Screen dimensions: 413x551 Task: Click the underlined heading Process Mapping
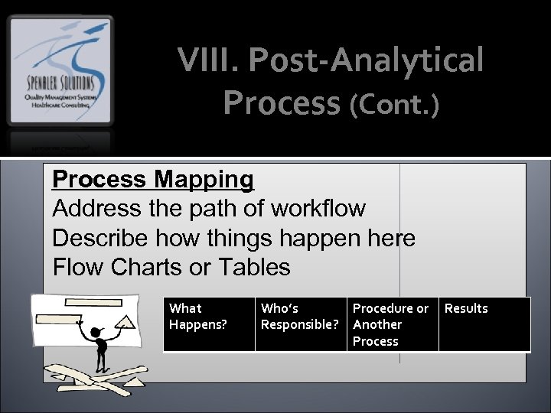pos(152,179)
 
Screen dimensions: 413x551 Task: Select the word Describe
pos(101,238)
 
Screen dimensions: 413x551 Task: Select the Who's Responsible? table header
pos(299,316)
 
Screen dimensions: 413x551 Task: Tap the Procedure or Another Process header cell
pos(390,324)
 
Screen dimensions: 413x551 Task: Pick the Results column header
pos(466,308)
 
